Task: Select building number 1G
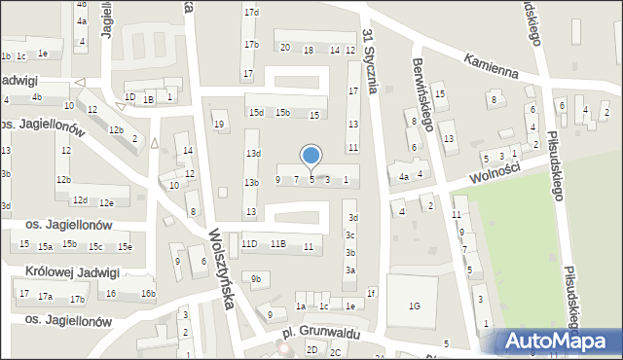[x=415, y=306]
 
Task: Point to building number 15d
[x=256, y=112]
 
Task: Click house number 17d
[x=251, y=12]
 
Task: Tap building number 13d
[x=253, y=154]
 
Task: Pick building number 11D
[x=250, y=243]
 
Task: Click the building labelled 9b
[x=256, y=280]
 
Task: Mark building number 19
[x=219, y=124]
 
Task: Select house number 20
[x=285, y=47]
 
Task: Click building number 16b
[x=147, y=293]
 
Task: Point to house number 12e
[x=106, y=202]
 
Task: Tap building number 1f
[x=371, y=292]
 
